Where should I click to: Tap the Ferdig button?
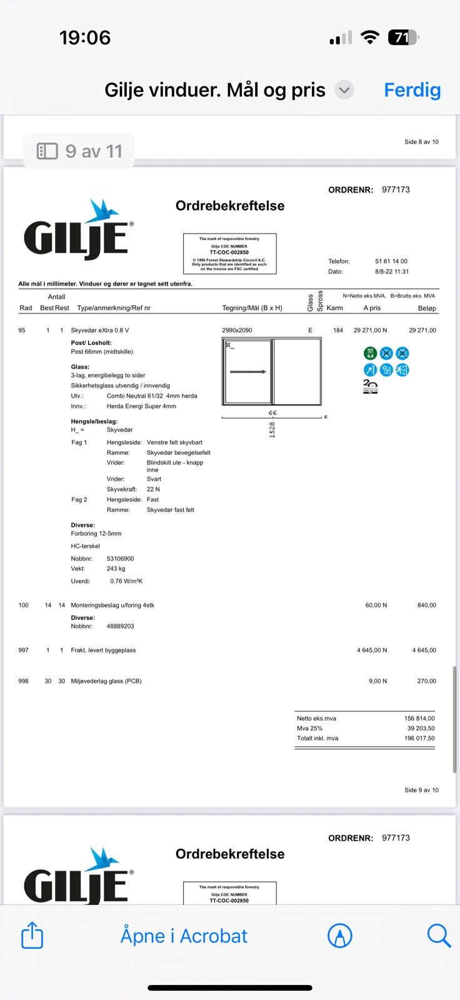(x=412, y=90)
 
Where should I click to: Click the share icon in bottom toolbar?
(x=32, y=936)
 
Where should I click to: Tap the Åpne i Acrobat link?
(x=184, y=936)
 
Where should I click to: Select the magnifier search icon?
(x=439, y=936)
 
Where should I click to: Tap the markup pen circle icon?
(x=340, y=936)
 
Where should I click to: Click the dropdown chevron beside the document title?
(x=344, y=90)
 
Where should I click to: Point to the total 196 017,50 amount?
(x=419, y=738)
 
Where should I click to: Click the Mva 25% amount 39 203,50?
(x=421, y=728)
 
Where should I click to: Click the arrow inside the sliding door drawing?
(x=248, y=372)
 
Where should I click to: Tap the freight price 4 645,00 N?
(x=372, y=650)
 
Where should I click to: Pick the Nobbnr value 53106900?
(x=121, y=559)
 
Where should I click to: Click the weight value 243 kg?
(x=116, y=569)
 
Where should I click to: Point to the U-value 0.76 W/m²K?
(x=126, y=581)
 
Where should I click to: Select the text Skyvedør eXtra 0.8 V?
(x=100, y=330)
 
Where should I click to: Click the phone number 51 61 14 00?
(x=391, y=261)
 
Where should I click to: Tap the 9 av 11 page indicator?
(x=79, y=151)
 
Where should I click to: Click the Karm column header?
(x=334, y=308)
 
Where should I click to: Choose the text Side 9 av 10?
(x=421, y=790)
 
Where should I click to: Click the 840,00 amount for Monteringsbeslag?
(x=426, y=605)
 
